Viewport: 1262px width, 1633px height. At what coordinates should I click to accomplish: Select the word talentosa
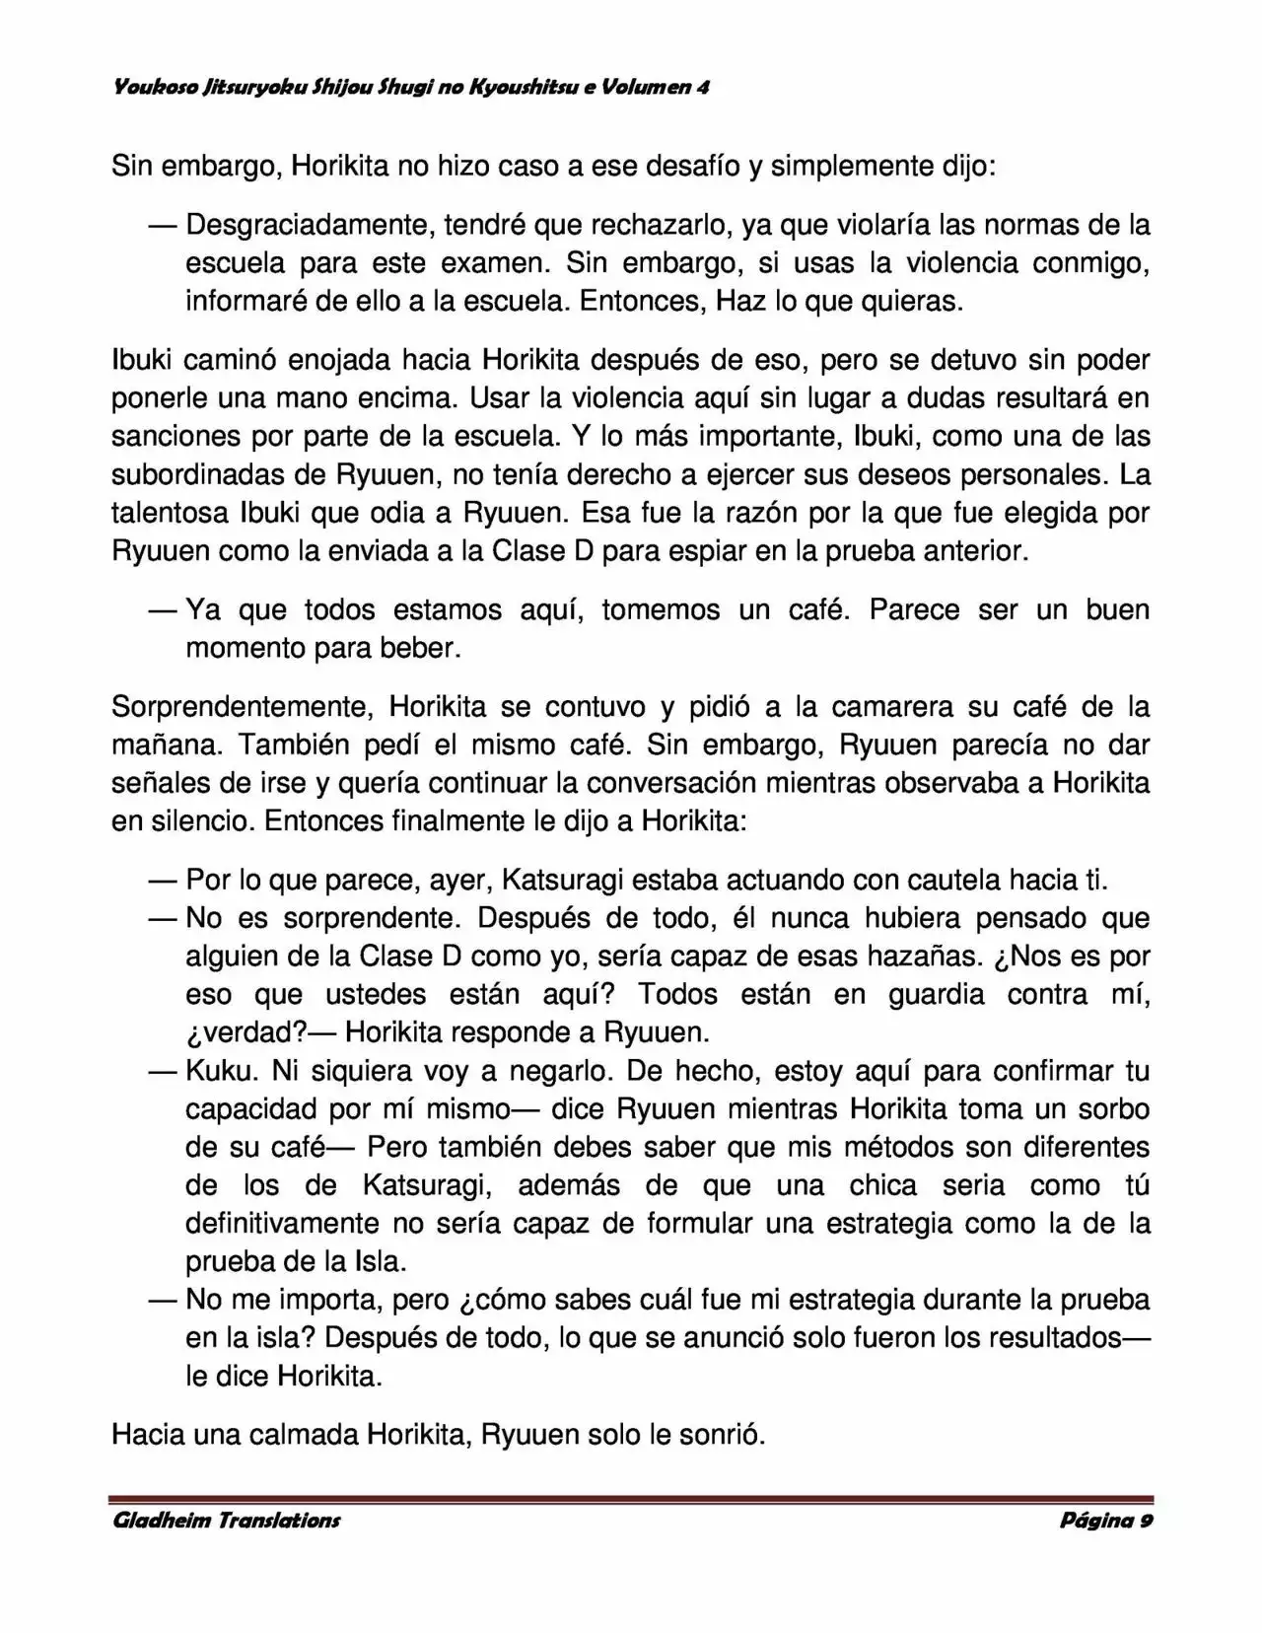[x=169, y=513]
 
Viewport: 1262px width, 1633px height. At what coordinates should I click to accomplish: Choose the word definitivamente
[x=282, y=1224]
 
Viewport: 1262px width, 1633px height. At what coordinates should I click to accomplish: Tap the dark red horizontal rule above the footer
[x=631, y=1499]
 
